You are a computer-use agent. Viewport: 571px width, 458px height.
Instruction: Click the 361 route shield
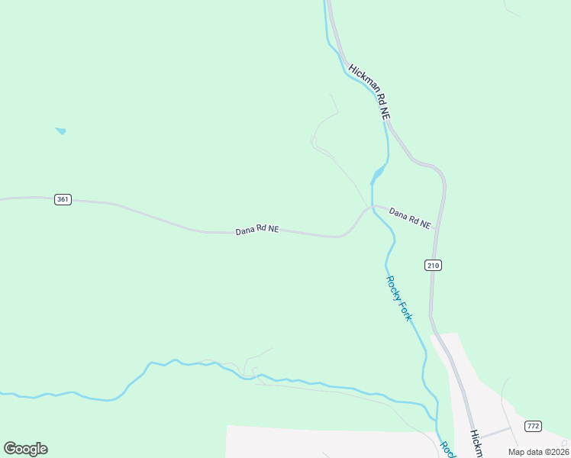point(63,199)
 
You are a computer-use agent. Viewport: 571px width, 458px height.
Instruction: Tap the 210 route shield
point(433,265)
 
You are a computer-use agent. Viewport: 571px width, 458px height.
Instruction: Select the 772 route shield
point(533,425)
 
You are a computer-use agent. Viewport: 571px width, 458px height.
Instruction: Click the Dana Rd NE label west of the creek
point(256,230)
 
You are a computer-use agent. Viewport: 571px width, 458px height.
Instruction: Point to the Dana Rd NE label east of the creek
point(410,218)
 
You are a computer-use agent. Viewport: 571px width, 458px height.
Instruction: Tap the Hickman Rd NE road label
point(369,92)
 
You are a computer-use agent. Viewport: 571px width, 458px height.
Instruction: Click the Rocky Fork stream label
point(398,298)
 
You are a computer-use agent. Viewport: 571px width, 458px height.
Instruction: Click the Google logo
point(25,449)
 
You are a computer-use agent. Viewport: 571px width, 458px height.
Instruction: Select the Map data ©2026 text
point(538,452)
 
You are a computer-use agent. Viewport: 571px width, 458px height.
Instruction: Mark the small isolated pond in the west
point(60,131)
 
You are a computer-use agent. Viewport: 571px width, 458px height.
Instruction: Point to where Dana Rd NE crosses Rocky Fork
point(373,207)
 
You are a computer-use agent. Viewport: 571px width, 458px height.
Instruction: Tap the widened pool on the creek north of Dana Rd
point(377,173)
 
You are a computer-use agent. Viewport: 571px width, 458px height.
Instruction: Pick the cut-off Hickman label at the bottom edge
point(476,445)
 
